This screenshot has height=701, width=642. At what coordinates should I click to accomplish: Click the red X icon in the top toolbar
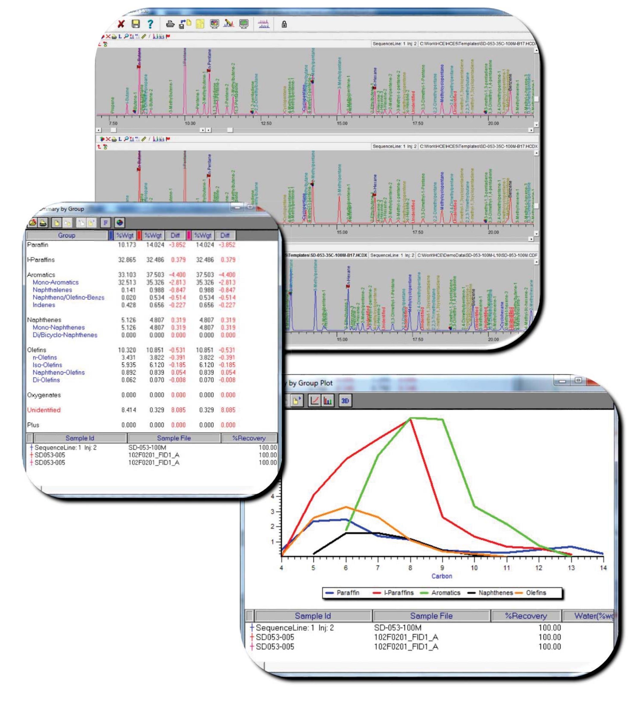tap(121, 24)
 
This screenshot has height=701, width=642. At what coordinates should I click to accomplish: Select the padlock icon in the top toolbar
tap(284, 24)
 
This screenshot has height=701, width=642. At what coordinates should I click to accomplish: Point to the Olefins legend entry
tap(536, 593)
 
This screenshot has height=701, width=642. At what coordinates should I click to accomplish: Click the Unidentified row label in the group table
tap(44, 410)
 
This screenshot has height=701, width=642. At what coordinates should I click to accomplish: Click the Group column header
tap(66, 235)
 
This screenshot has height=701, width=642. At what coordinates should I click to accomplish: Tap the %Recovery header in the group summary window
tap(249, 438)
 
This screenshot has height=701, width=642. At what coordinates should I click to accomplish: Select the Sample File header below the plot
tap(431, 616)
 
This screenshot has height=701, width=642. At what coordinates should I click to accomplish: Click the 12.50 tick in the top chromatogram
tap(266, 123)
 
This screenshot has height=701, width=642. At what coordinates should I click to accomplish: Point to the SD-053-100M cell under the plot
tap(397, 628)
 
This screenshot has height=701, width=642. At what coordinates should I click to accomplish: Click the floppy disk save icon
tap(136, 24)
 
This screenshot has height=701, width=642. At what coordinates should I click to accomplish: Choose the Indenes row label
tap(44, 305)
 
